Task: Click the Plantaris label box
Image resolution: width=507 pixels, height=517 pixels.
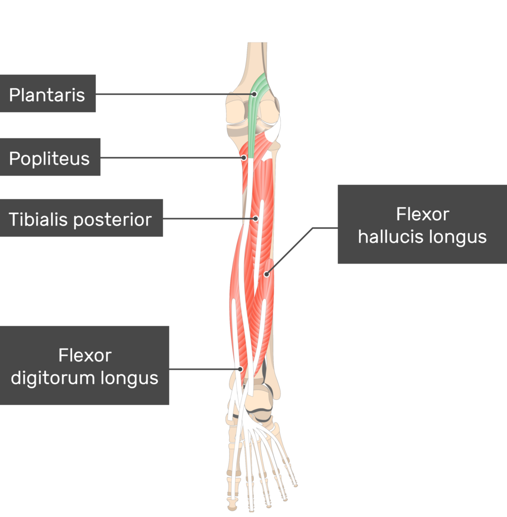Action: [48, 93]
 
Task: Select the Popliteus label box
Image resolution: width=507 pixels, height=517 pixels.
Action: [50, 157]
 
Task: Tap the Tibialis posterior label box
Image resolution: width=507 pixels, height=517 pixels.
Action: [81, 218]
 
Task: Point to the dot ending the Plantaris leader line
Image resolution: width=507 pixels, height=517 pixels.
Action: [254, 94]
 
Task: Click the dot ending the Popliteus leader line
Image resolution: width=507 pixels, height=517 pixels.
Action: [244, 158]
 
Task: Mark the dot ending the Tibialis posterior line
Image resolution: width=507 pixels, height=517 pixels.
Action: [256, 218]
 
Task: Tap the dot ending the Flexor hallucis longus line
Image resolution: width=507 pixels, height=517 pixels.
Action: [266, 274]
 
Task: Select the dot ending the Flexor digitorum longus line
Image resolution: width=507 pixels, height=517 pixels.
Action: [241, 369]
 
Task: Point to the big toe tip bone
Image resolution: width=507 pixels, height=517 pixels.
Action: [233, 504]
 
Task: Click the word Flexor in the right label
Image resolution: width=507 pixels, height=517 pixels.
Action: [423, 214]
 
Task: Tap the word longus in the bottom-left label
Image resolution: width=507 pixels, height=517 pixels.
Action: [129, 378]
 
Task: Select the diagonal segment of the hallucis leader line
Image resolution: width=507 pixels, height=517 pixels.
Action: [290, 251]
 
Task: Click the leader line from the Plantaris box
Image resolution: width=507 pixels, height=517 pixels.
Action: [175, 94]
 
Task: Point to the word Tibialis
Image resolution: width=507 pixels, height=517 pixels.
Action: [38, 219]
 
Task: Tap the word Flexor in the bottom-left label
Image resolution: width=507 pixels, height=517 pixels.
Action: [85, 355]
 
